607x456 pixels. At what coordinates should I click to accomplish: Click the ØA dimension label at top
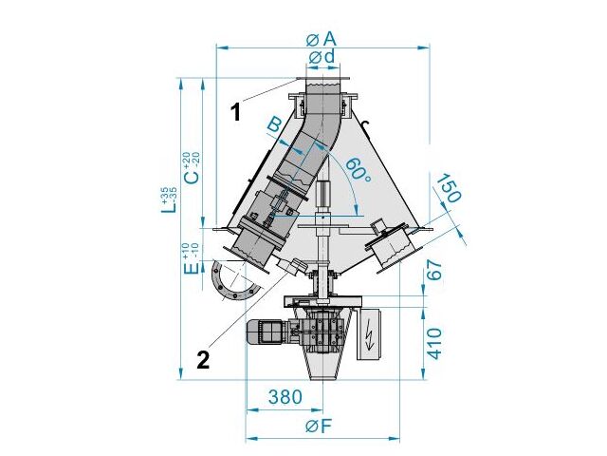pyautogui.click(x=321, y=39)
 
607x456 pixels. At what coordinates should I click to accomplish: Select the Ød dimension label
pyautogui.click(x=322, y=57)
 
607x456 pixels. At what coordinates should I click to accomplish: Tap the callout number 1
pyautogui.click(x=236, y=112)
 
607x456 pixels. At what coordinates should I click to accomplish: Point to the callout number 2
pyautogui.click(x=203, y=360)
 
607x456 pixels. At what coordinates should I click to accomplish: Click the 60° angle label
pyautogui.click(x=359, y=170)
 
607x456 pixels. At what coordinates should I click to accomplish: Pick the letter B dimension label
pyautogui.click(x=274, y=126)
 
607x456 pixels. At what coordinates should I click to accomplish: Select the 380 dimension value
pyautogui.click(x=285, y=397)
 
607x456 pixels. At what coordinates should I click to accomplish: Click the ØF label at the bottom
pyautogui.click(x=319, y=427)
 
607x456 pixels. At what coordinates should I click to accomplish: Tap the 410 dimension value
pyautogui.click(x=435, y=344)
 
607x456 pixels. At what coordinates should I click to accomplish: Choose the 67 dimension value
pyautogui.click(x=434, y=270)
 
